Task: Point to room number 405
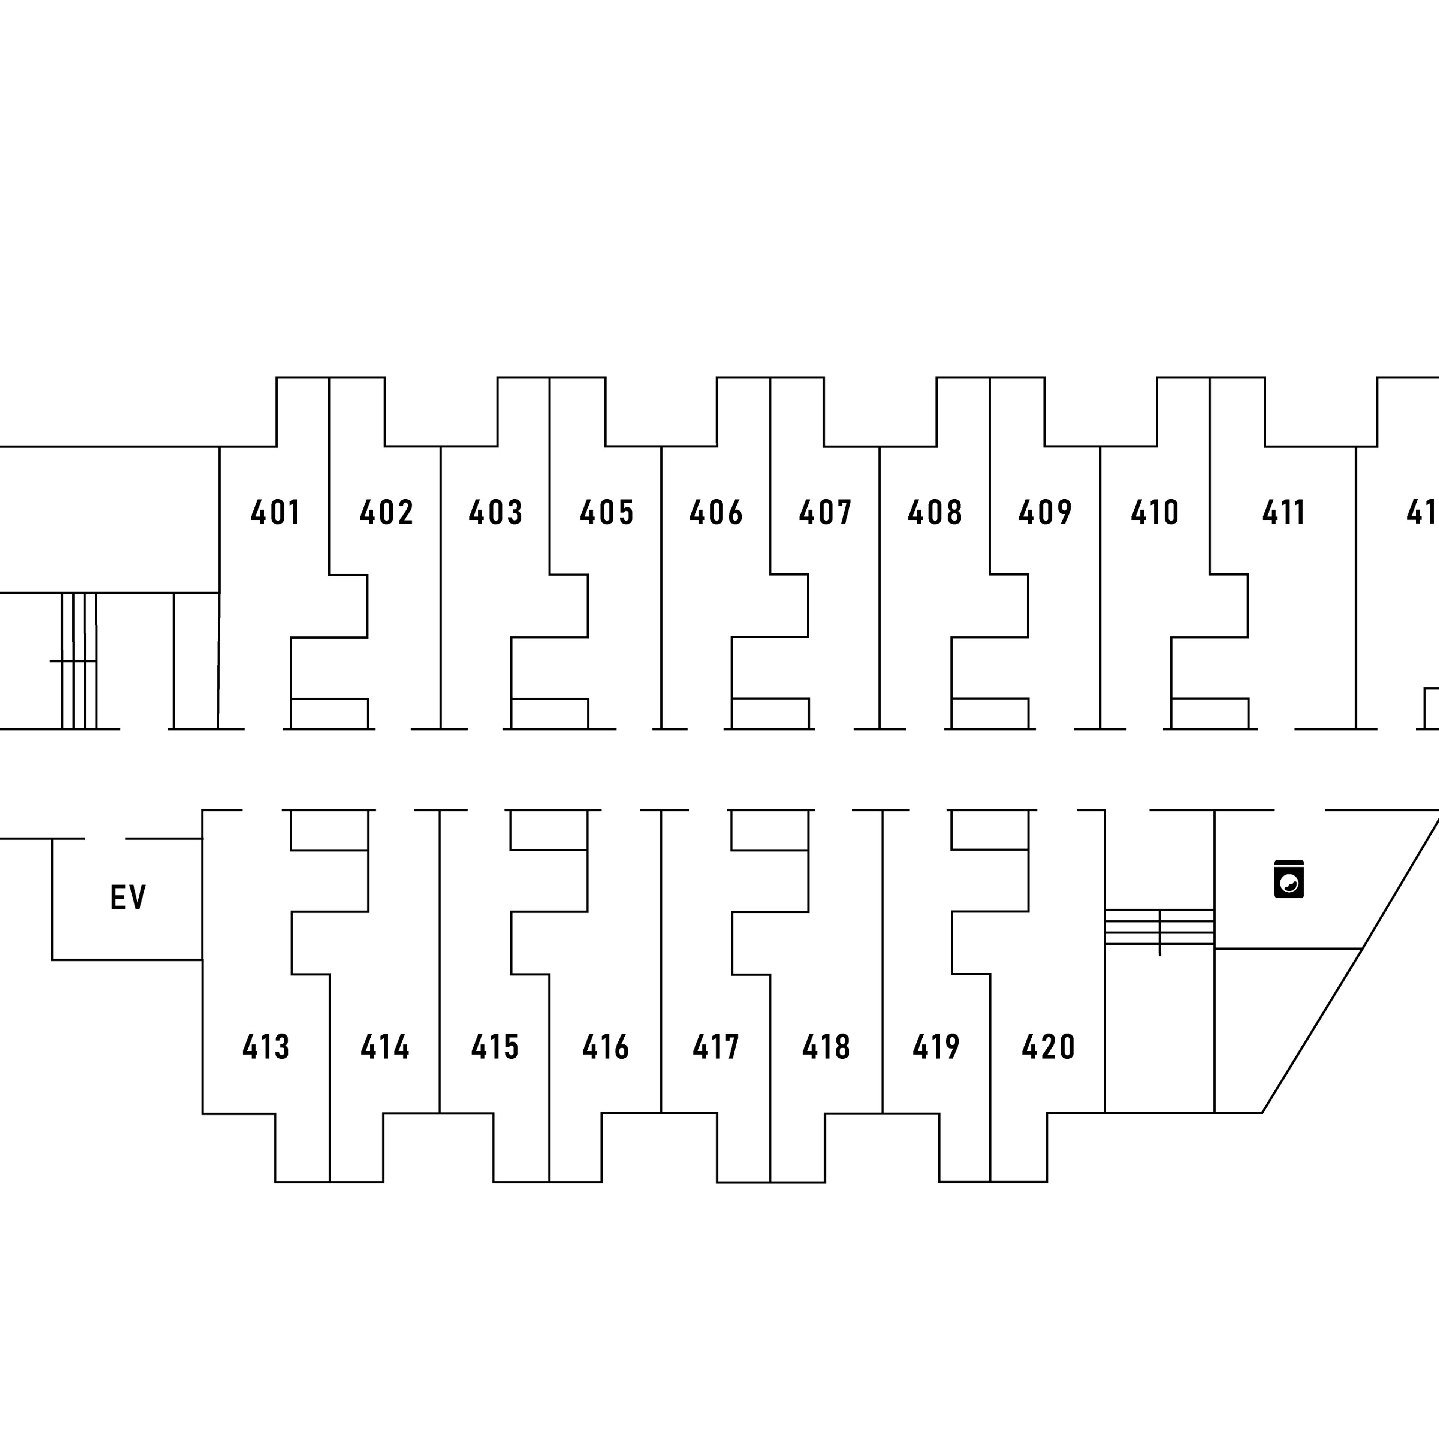(x=606, y=512)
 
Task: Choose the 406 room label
(x=716, y=512)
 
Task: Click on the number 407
(x=825, y=512)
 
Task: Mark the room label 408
(x=935, y=512)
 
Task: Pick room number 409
(x=1045, y=512)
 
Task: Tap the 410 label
(x=1155, y=512)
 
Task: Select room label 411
(x=1283, y=512)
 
